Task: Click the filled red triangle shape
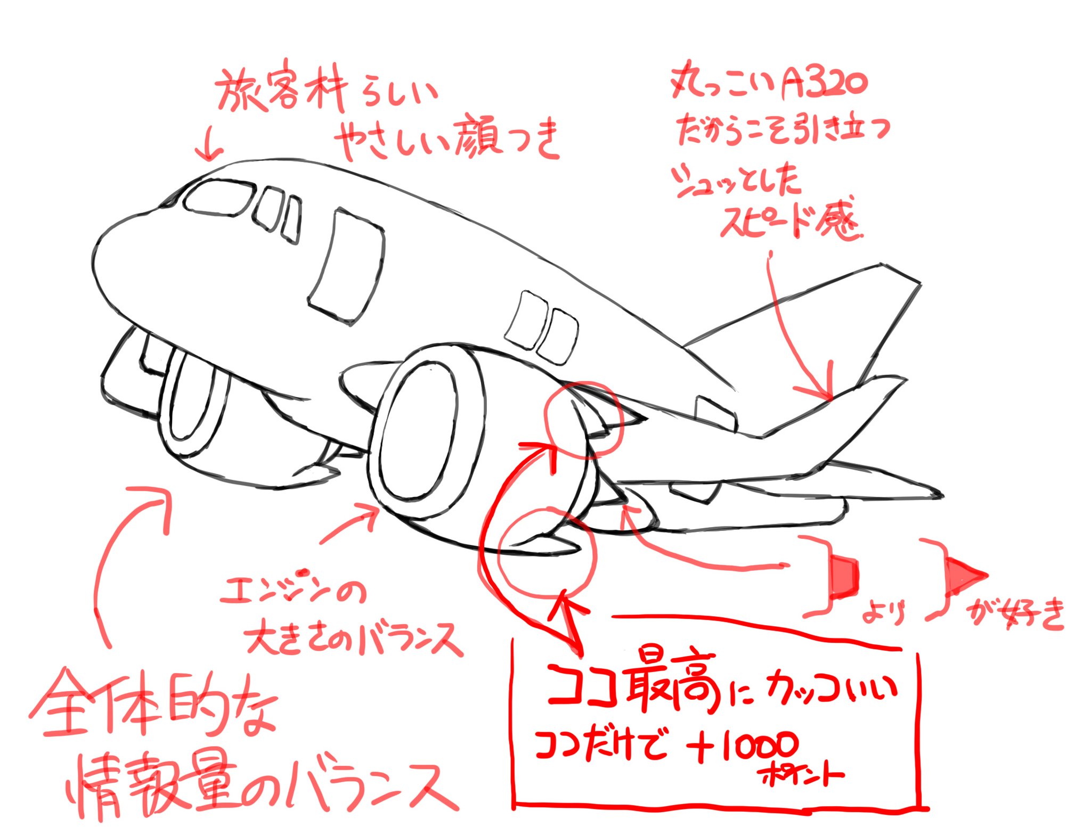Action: [x=964, y=575]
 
